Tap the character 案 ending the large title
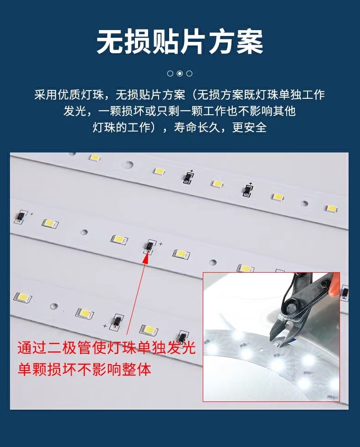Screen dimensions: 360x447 (x=250, y=42)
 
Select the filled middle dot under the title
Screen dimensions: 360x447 (x=180, y=74)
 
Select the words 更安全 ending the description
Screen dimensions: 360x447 (x=250, y=127)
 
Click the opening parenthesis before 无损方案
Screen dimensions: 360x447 (x=193, y=95)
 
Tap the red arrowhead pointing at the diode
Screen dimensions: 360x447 (x=146, y=257)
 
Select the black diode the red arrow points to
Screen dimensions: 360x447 (x=149, y=246)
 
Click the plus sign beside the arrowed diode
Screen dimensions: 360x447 (x=161, y=244)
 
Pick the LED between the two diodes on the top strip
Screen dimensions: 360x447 (x=217, y=183)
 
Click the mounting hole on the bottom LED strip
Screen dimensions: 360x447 (x=54, y=306)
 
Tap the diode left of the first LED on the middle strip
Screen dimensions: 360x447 (x=21, y=217)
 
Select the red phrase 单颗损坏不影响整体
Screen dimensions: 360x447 (x=84, y=370)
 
